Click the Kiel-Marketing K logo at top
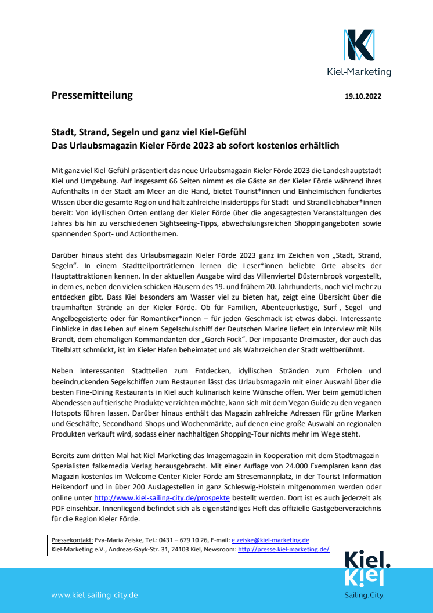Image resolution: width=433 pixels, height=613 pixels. tap(358, 45)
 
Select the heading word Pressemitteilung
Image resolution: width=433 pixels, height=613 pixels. tap(92, 95)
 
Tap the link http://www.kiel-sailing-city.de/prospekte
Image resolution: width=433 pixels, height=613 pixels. tap(162, 498)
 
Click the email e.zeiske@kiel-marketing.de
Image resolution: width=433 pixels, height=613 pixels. tap(270, 539)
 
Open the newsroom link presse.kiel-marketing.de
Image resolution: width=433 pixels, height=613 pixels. tap(283, 549)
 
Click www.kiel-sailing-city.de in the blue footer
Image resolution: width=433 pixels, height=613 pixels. tap(94, 595)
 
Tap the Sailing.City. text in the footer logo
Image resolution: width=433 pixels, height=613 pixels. tap(365, 595)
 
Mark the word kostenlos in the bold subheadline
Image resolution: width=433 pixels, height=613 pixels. tap(262, 145)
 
